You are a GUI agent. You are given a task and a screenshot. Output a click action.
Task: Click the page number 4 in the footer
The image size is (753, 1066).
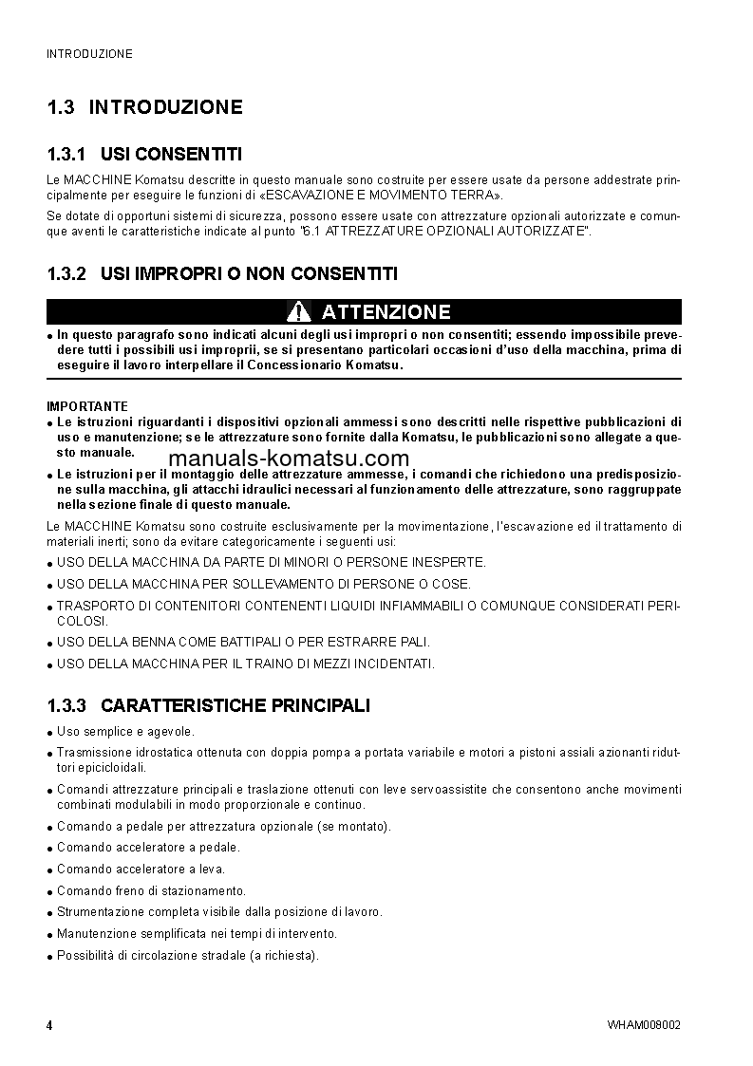coord(49,1026)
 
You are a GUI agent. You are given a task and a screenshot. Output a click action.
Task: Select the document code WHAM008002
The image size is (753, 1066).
coord(644,1026)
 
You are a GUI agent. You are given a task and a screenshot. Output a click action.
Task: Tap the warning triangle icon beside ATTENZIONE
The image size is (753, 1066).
coord(299,311)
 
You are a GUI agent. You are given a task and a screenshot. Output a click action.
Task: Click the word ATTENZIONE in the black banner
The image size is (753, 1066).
coord(386,312)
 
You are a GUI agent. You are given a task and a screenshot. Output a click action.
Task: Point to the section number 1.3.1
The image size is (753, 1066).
coord(66,153)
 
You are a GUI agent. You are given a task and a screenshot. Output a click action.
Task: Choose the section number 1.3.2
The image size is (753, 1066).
coord(66,273)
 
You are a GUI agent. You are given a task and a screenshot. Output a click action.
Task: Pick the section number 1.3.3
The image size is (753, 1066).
coord(66,705)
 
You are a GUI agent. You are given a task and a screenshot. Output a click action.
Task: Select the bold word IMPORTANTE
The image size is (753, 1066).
coord(87,406)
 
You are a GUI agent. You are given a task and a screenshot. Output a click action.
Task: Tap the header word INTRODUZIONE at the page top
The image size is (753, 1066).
coord(89,54)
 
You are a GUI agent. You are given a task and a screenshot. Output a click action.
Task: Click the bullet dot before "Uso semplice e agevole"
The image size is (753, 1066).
coord(49,734)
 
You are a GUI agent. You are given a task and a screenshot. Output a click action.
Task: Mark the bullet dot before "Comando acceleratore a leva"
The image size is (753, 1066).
coord(49,870)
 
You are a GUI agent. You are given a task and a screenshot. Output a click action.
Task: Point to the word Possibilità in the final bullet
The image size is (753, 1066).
coord(86,955)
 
